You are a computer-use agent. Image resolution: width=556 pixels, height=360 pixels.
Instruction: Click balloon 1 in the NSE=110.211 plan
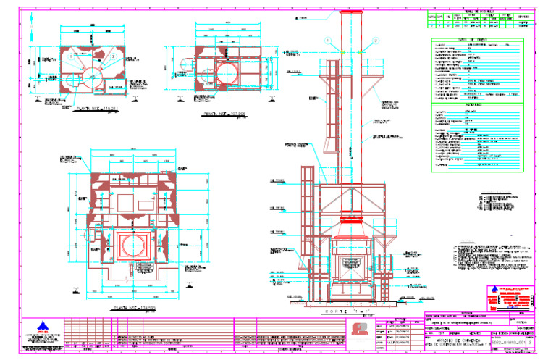click(70, 55)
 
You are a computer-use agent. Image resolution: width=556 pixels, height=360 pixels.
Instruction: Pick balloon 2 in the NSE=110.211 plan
click(114, 55)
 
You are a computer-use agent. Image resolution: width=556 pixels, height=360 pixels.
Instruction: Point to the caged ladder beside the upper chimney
click(331, 109)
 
